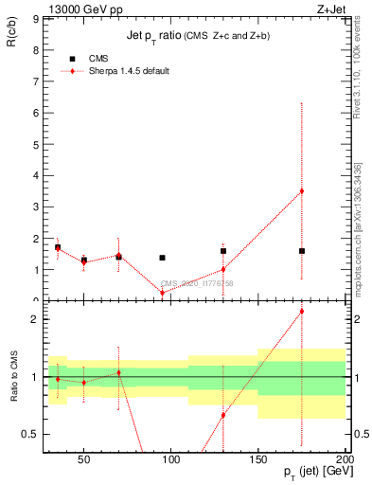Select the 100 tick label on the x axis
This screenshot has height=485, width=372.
click(171, 461)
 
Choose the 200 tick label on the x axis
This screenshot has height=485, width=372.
click(345, 461)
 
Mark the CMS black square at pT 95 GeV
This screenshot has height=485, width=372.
click(163, 258)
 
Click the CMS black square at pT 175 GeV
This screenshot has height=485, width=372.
click(302, 251)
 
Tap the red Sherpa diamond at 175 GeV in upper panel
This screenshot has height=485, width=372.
click(302, 191)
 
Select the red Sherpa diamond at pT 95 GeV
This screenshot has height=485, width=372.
click(163, 293)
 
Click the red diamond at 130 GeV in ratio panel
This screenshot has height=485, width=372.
click(223, 415)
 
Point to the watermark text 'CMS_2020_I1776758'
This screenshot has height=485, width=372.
click(197, 283)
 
